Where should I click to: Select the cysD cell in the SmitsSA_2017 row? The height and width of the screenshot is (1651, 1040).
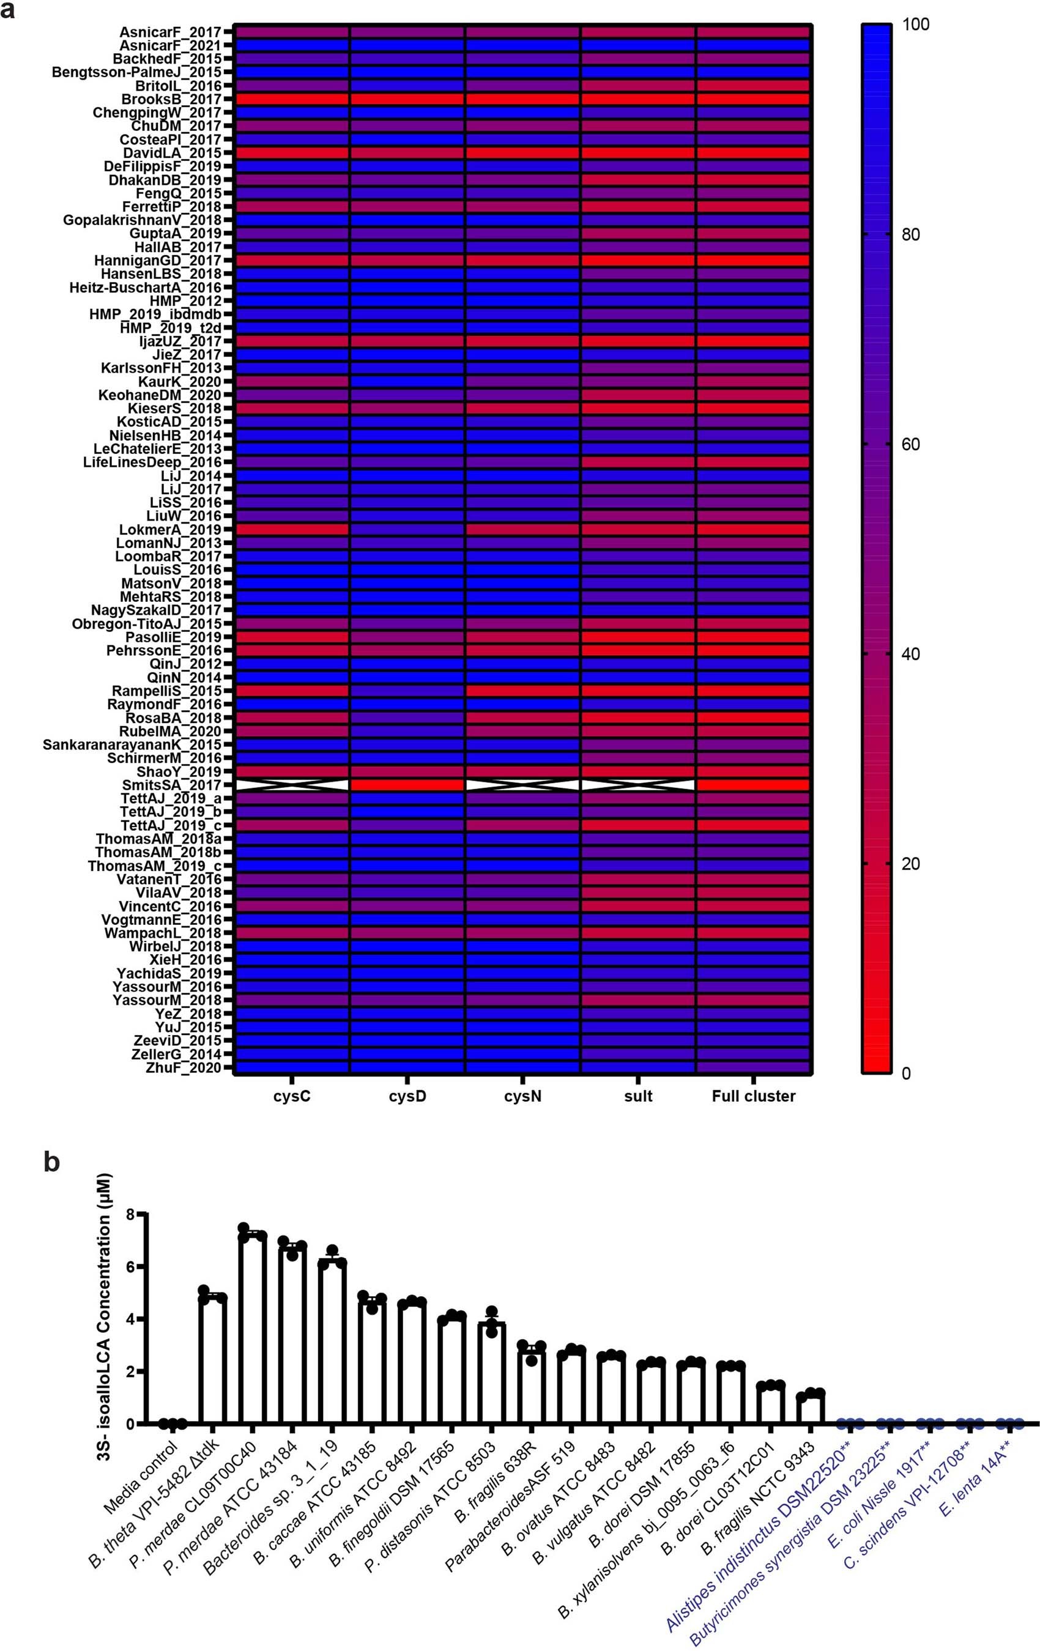[407, 785]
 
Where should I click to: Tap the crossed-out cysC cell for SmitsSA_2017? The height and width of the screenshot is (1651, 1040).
[292, 785]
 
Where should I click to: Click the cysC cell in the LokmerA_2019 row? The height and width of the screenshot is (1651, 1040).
[292, 529]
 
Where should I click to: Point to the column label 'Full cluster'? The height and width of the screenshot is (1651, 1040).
[754, 1096]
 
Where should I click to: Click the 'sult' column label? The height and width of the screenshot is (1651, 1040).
[637, 1096]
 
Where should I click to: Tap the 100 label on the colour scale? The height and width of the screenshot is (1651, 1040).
[916, 24]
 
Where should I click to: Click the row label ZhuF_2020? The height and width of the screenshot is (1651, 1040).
[184, 1067]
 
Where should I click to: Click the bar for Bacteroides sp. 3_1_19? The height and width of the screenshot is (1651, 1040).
[332, 1346]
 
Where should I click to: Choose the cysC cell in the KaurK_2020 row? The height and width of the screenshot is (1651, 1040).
[292, 381]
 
